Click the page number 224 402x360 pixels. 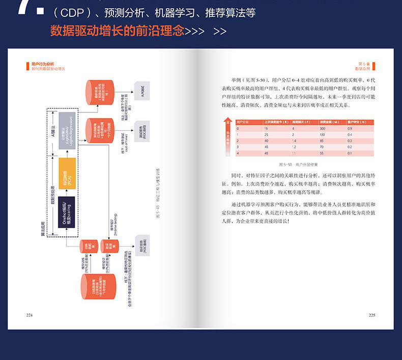pyautogui.click(x=29, y=315)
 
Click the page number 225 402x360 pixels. pyautogui.click(x=371, y=315)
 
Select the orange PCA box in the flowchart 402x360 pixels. pyautogui.click(x=67, y=173)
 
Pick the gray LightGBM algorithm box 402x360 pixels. pyautogui.click(x=67, y=130)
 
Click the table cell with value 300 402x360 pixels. pyautogui.click(x=323, y=129)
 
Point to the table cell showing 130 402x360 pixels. pyautogui.click(x=323, y=135)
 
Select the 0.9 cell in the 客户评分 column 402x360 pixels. pyautogui.click(x=350, y=129)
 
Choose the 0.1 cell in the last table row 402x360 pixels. pyautogui.click(x=350, y=153)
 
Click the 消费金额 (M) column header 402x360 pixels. pyautogui.click(x=329, y=123)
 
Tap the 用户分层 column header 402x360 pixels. pyautogui.click(x=243, y=123)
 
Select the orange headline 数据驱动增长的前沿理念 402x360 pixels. pyautogui.click(x=117, y=31)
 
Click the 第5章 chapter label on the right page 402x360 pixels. pyautogui.click(x=363, y=64)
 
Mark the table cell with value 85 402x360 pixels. pyautogui.click(x=323, y=141)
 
